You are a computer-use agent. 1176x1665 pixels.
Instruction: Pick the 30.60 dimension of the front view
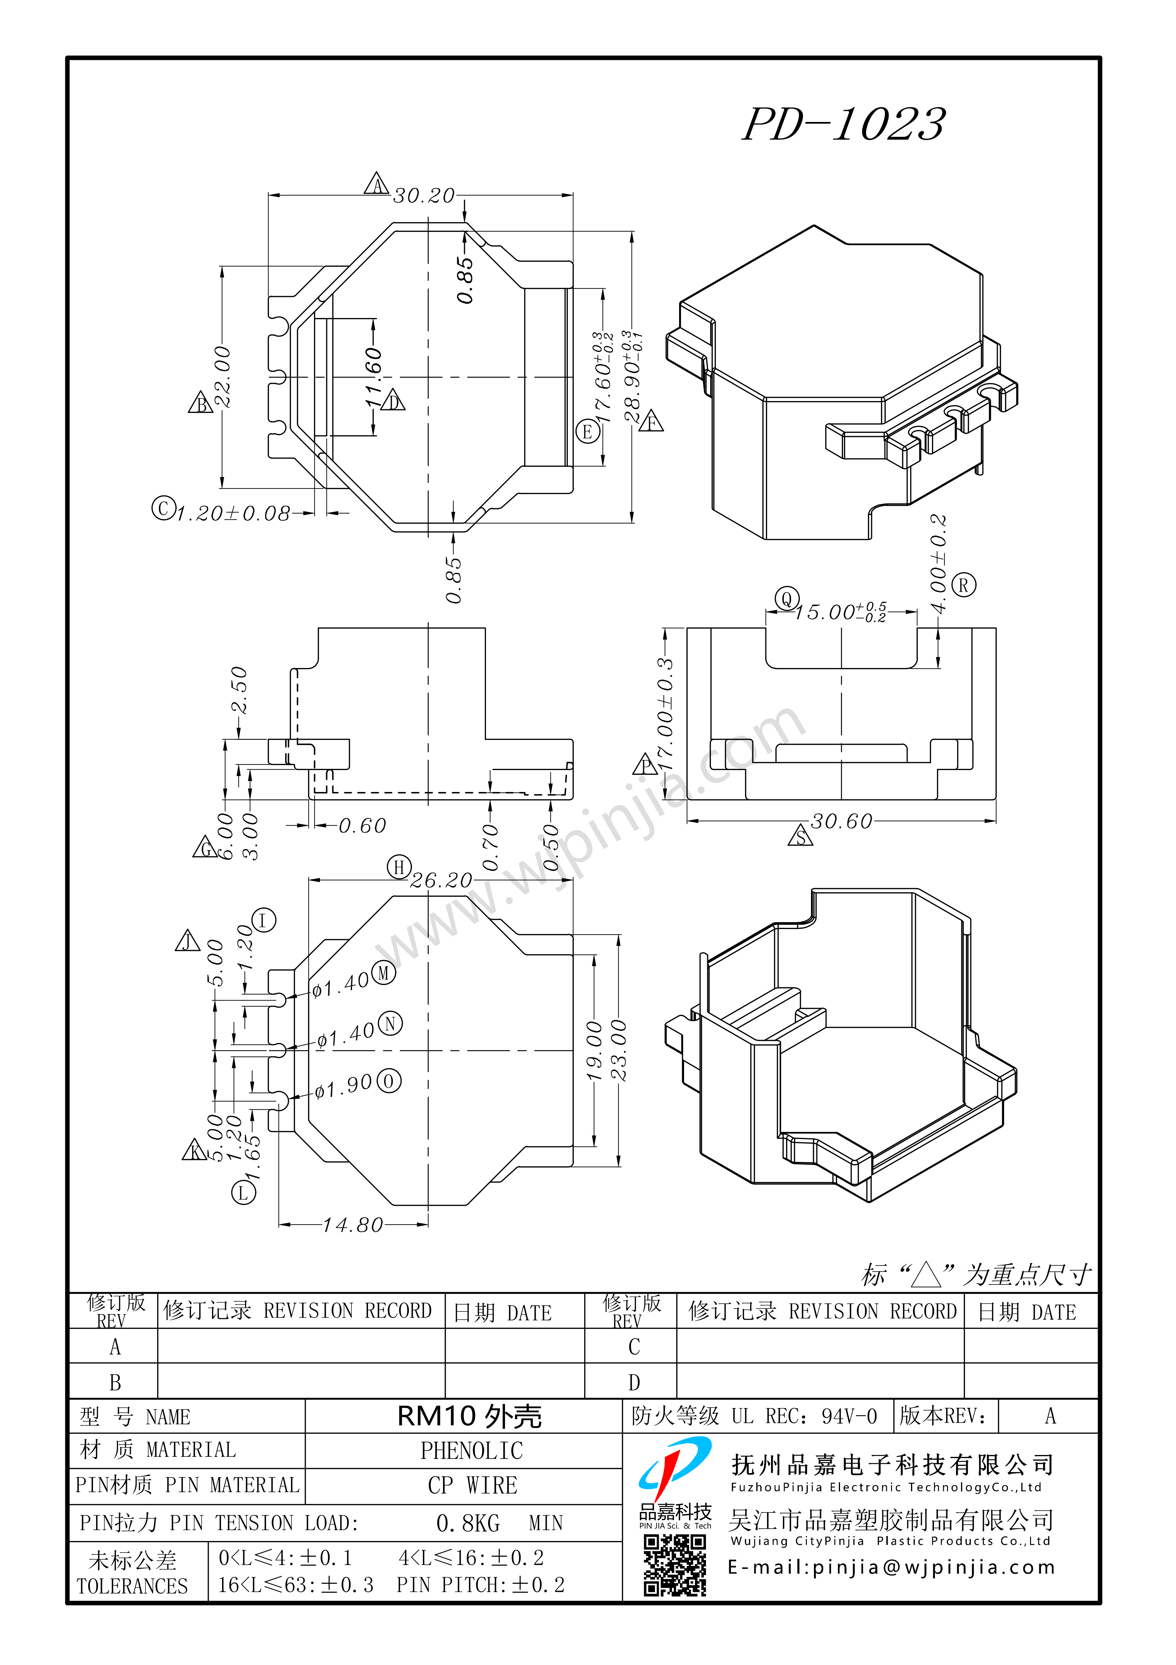pos(841,822)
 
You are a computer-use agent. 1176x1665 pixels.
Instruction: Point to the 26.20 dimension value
pos(441,880)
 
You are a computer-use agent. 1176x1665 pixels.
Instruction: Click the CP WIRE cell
pos(472,1485)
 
